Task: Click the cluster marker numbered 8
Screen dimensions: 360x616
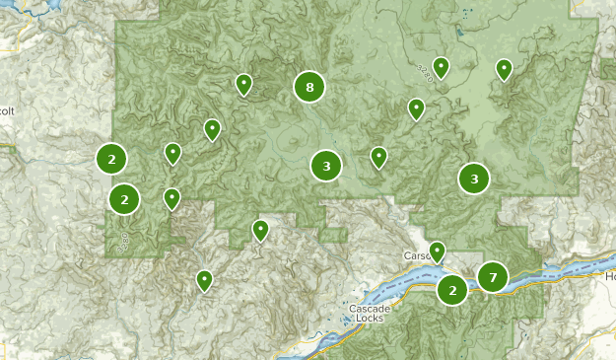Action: pyautogui.click(x=309, y=88)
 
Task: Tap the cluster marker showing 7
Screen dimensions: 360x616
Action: pyautogui.click(x=492, y=277)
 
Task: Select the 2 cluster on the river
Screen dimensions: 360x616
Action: pyautogui.click(x=452, y=290)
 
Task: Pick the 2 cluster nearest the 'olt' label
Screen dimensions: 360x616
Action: pyautogui.click(x=111, y=158)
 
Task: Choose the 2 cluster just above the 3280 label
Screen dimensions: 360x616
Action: pyautogui.click(x=124, y=199)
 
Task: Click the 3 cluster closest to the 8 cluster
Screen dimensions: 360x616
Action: pyautogui.click(x=326, y=166)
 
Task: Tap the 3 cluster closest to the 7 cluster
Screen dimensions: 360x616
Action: pyautogui.click(x=474, y=179)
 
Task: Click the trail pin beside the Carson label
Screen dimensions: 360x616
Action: pyautogui.click(x=437, y=251)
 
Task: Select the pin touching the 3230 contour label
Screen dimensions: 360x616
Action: pyautogui.click(x=442, y=67)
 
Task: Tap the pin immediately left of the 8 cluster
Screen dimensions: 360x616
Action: pyautogui.click(x=243, y=84)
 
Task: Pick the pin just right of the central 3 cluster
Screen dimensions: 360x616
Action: pyautogui.click(x=378, y=156)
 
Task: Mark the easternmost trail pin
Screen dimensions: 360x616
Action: pyautogui.click(x=504, y=68)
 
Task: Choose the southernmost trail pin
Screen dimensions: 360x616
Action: pyautogui.click(x=204, y=280)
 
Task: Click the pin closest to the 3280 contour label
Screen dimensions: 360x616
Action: pyautogui.click(x=171, y=198)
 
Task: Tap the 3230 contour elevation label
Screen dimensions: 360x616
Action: pyautogui.click(x=425, y=71)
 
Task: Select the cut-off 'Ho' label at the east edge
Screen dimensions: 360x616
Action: pyautogui.click(x=609, y=277)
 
